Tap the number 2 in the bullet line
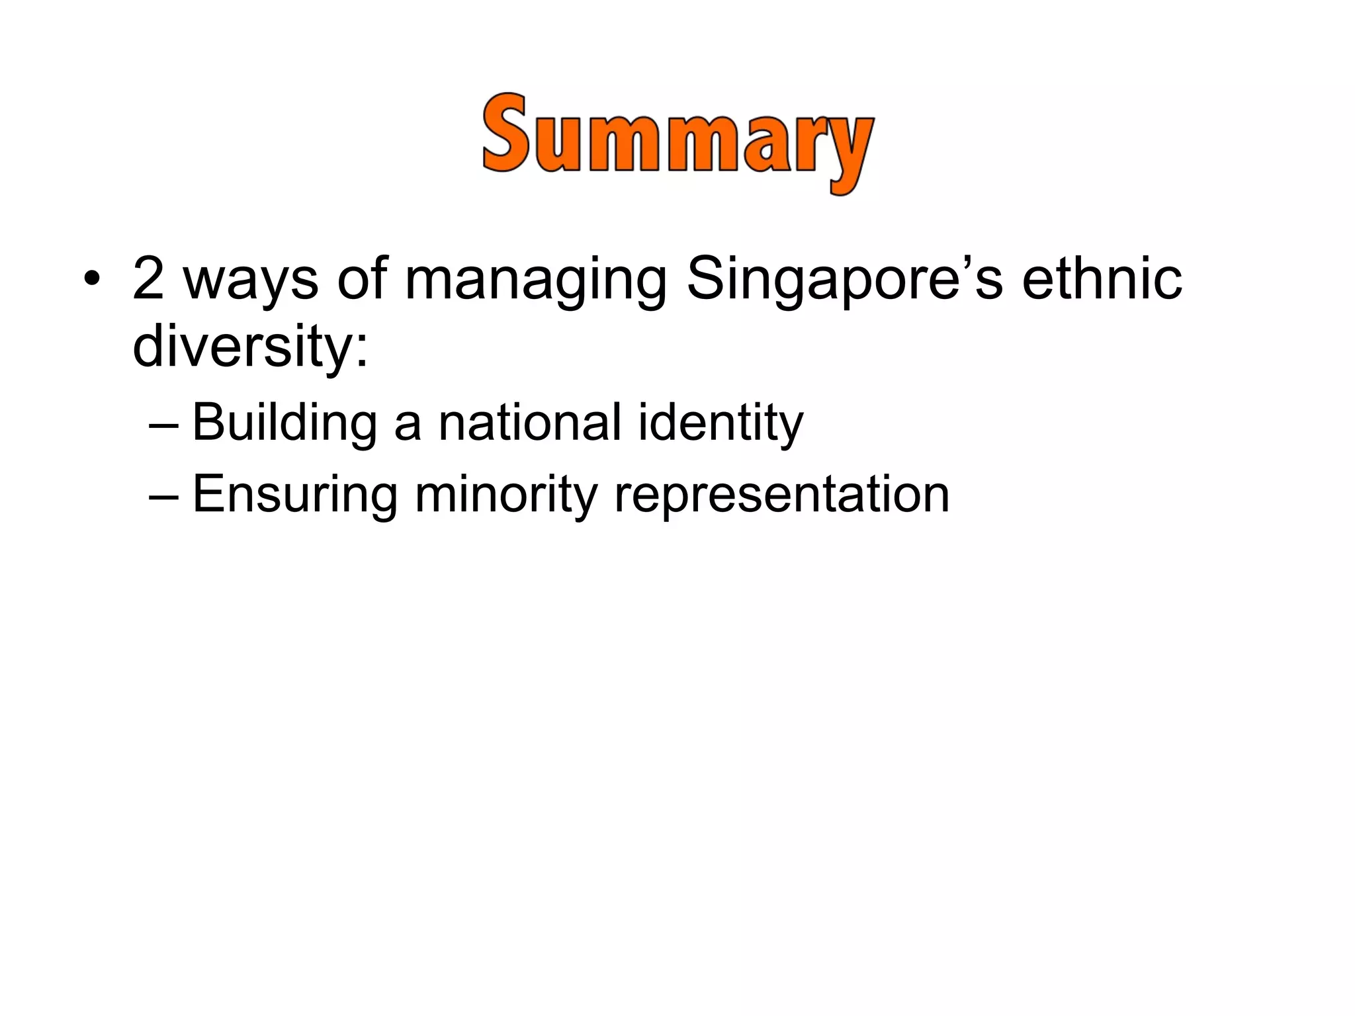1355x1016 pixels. (x=148, y=278)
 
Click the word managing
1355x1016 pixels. (x=535, y=283)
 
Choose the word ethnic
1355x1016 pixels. (x=1102, y=278)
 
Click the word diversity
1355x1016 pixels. (x=241, y=348)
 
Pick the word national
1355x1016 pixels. (x=530, y=423)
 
